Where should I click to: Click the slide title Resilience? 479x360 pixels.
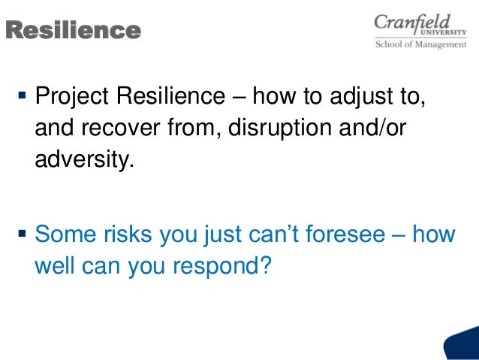(73, 31)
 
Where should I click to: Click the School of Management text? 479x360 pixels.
(421, 44)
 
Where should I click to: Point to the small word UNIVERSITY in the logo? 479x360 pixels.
(443, 32)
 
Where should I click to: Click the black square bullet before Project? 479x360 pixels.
(21, 97)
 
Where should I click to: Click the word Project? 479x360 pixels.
(70, 97)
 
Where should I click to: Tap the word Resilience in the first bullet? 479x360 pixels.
(167, 97)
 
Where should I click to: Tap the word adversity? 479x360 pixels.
(83, 160)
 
